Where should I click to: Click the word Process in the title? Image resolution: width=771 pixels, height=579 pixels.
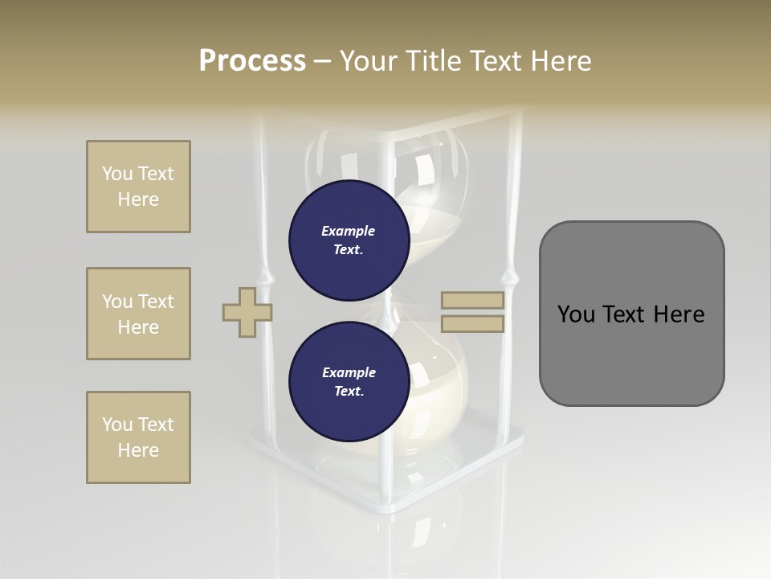pyautogui.click(x=252, y=61)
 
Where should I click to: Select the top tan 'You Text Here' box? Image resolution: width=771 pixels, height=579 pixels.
pyautogui.click(x=138, y=187)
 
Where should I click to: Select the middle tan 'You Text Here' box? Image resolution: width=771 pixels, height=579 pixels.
pyautogui.click(x=138, y=314)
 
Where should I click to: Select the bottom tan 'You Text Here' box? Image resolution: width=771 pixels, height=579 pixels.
pyautogui.click(x=138, y=437)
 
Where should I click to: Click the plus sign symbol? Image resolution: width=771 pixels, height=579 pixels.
pyautogui.click(x=247, y=312)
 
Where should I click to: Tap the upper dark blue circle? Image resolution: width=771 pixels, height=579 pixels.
pyautogui.click(x=349, y=240)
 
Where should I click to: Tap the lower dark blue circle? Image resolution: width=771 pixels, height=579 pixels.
pyautogui.click(x=349, y=381)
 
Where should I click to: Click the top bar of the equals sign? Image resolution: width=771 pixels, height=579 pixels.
pyautogui.click(x=472, y=301)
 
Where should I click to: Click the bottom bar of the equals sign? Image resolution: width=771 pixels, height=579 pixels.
pyautogui.click(x=472, y=324)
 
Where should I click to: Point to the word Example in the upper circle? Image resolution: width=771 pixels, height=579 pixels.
pyautogui.click(x=349, y=231)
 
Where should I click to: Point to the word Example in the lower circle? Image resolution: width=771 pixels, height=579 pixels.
pyautogui.click(x=349, y=372)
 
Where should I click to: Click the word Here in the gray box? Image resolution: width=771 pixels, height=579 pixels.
pyautogui.click(x=679, y=314)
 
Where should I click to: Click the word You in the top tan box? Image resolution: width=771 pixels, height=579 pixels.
pyautogui.click(x=117, y=174)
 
